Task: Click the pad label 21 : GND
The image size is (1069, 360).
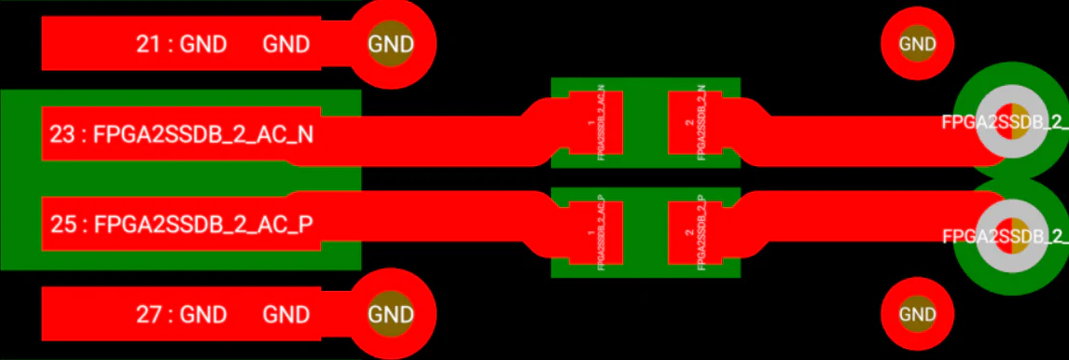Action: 181,44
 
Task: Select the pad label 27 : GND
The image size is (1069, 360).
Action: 181,314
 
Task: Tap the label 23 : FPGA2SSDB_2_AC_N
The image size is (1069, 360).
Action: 181,135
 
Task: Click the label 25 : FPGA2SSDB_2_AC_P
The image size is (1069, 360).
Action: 181,224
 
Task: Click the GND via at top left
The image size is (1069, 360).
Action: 390,44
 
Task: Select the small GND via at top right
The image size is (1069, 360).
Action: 917,44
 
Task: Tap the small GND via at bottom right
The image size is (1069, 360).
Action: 917,314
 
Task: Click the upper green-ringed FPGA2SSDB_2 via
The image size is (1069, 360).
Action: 1009,122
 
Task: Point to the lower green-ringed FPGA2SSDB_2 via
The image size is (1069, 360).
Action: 1009,236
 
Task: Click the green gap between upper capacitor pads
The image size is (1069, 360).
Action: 645,123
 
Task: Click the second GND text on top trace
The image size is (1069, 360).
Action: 286,44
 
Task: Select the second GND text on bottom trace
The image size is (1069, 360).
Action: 286,314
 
